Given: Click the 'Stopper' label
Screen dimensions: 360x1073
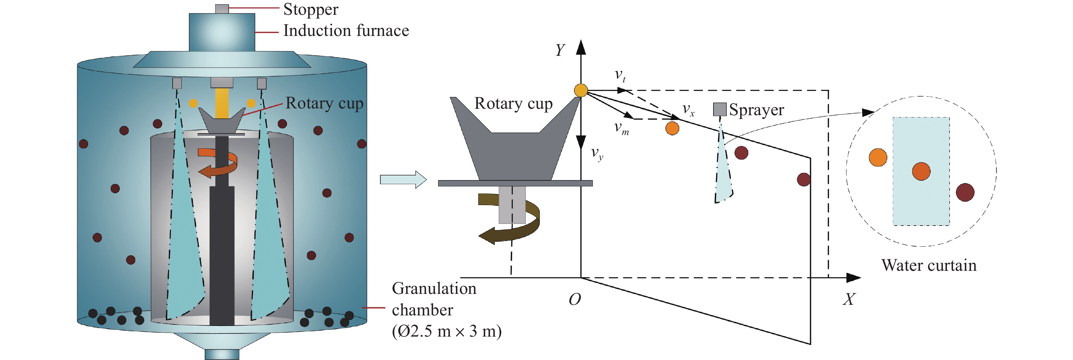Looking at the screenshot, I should click(311, 10).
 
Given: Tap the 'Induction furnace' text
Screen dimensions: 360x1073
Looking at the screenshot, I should click(346, 31).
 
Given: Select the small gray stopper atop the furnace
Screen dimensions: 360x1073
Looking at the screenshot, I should click(222, 9).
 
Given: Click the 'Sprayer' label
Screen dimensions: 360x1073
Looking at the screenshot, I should click(756, 110).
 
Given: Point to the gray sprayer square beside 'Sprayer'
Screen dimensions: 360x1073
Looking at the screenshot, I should click(719, 109).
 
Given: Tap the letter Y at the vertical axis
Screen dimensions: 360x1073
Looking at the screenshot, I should click(560, 50).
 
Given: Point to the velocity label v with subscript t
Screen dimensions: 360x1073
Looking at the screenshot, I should click(620, 75).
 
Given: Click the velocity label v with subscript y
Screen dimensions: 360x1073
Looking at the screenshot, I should click(597, 154).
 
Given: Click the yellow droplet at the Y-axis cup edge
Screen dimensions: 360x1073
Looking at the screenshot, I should click(581, 90).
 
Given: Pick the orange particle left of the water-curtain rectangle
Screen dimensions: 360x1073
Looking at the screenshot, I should click(878, 158).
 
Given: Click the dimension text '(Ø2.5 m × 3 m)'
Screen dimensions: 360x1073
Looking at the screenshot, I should click(446, 331).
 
